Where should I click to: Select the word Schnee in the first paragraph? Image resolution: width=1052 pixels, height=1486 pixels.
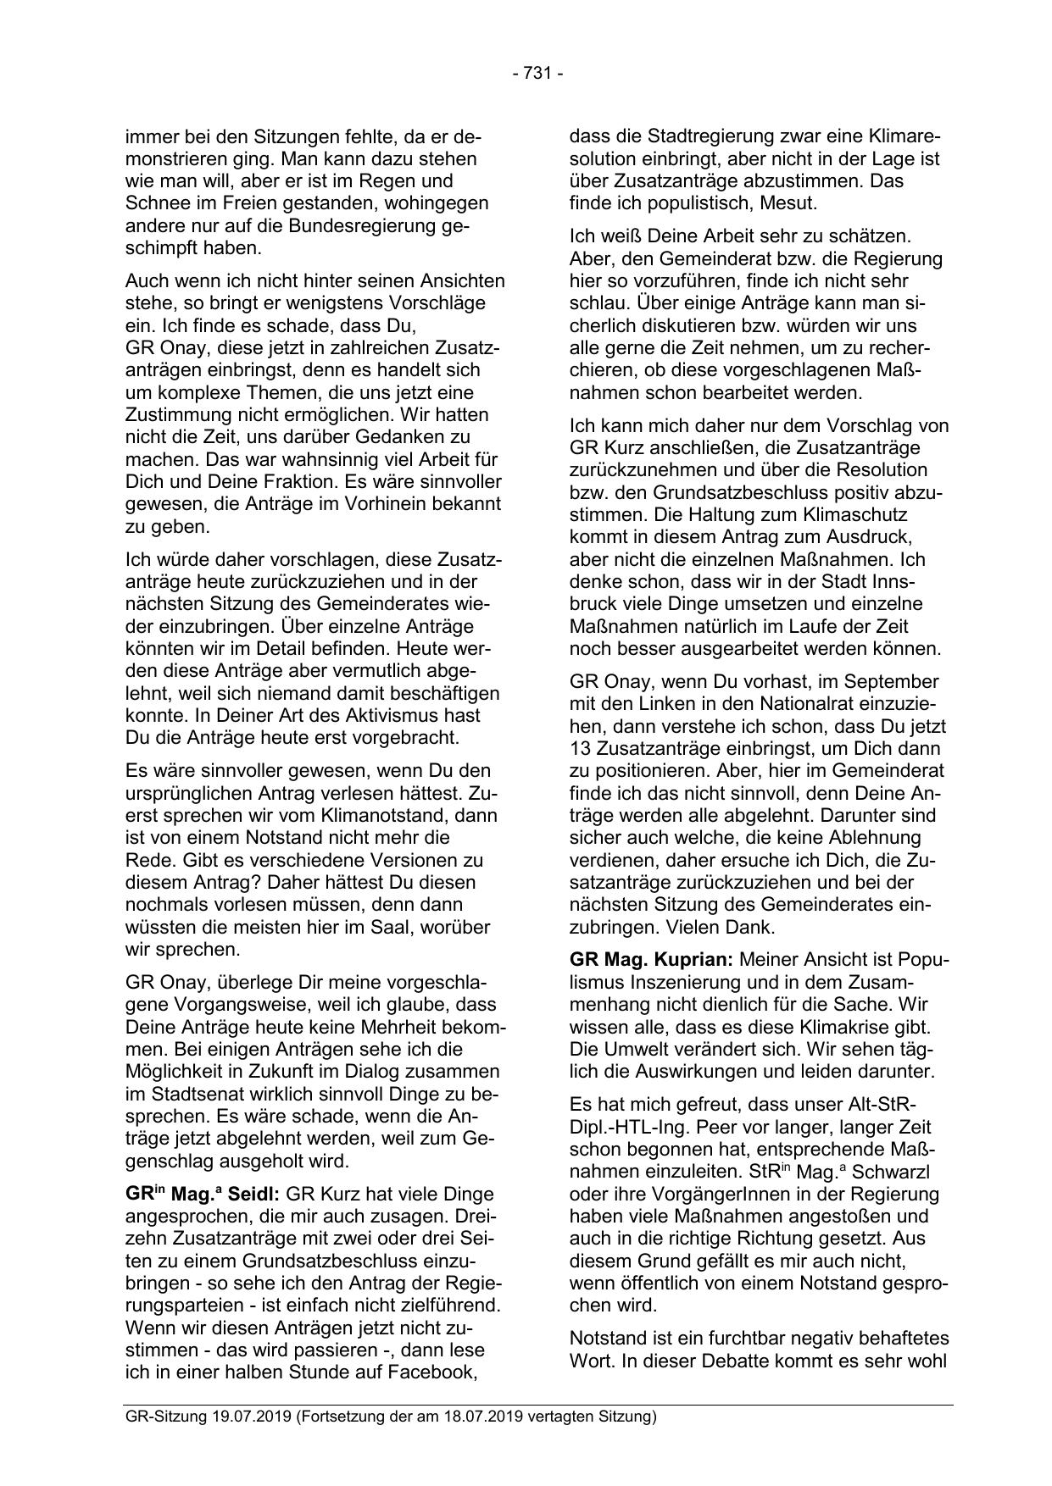pyautogui.click(x=153, y=203)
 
